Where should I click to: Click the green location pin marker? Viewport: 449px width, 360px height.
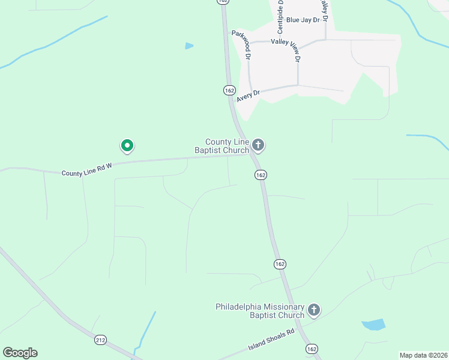click(127, 145)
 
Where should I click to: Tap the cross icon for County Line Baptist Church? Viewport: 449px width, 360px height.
click(258, 145)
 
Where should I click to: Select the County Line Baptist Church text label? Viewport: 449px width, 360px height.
click(221, 146)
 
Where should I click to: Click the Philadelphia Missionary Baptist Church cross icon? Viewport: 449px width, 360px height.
click(313, 310)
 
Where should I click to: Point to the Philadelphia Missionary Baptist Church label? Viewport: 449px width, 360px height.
click(260, 311)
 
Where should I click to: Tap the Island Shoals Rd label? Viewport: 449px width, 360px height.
click(271, 340)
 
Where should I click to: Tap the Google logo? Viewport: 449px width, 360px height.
click(20, 353)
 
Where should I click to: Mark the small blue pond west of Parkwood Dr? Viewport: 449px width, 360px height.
click(190, 46)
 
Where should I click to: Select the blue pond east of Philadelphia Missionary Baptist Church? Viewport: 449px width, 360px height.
click(374, 325)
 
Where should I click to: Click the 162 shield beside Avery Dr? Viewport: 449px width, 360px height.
click(229, 90)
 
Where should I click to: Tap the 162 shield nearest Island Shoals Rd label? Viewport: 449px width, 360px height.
click(311, 348)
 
